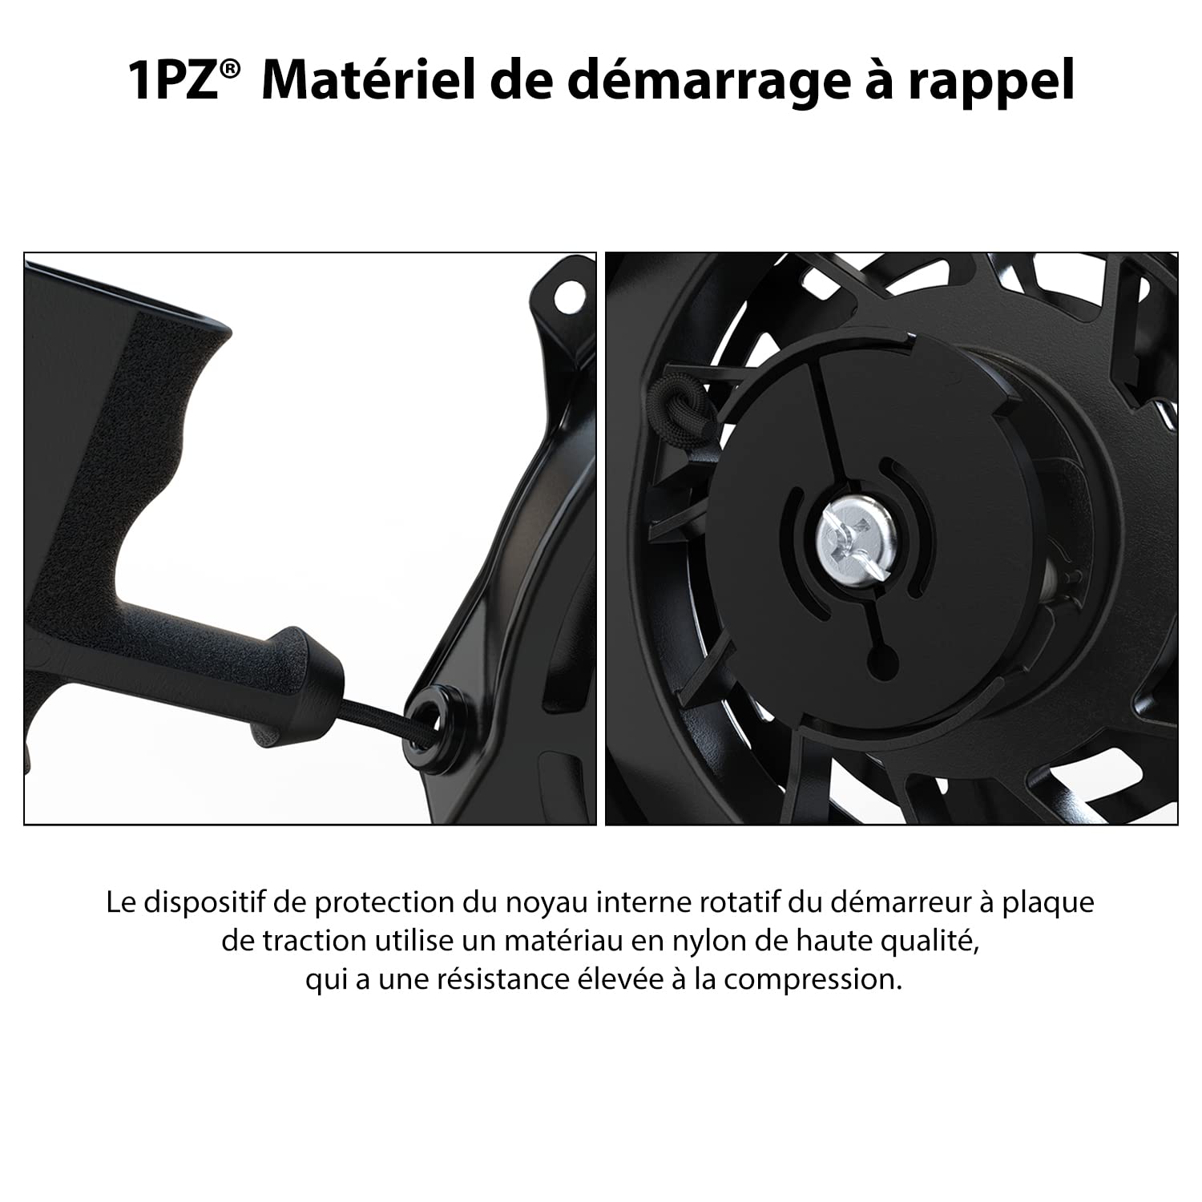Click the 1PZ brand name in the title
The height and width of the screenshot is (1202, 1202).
click(174, 80)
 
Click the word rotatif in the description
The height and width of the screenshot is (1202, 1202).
click(738, 903)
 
